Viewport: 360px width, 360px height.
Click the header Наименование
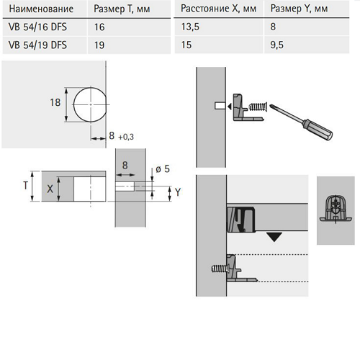(x=41, y=9)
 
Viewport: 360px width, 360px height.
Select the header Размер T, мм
(x=122, y=9)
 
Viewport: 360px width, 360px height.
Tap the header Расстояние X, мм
(x=218, y=9)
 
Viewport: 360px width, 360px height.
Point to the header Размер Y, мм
(x=299, y=9)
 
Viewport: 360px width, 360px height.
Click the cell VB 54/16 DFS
(x=37, y=27)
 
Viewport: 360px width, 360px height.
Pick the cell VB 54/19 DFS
(x=37, y=45)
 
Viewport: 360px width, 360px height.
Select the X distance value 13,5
(x=190, y=27)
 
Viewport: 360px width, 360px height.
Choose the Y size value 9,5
(x=276, y=45)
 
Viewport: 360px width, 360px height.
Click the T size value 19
(x=99, y=45)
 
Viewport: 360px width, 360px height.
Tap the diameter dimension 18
(x=55, y=102)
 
